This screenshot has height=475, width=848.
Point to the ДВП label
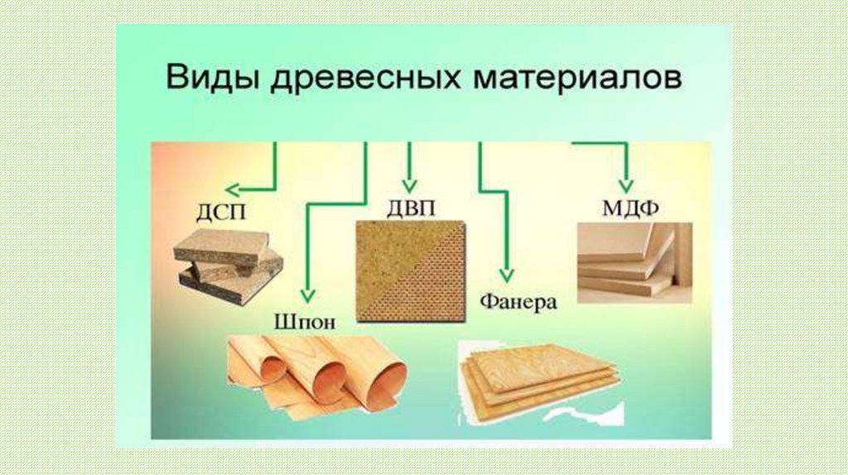(x=409, y=206)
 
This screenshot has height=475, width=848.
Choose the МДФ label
(x=630, y=206)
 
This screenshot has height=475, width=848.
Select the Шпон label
(x=304, y=321)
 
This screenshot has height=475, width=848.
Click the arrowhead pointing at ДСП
(x=234, y=190)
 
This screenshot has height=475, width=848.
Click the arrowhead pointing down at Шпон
(x=306, y=295)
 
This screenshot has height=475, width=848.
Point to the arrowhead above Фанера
(x=507, y=274)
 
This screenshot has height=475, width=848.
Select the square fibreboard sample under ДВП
(x=409, y=271)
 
